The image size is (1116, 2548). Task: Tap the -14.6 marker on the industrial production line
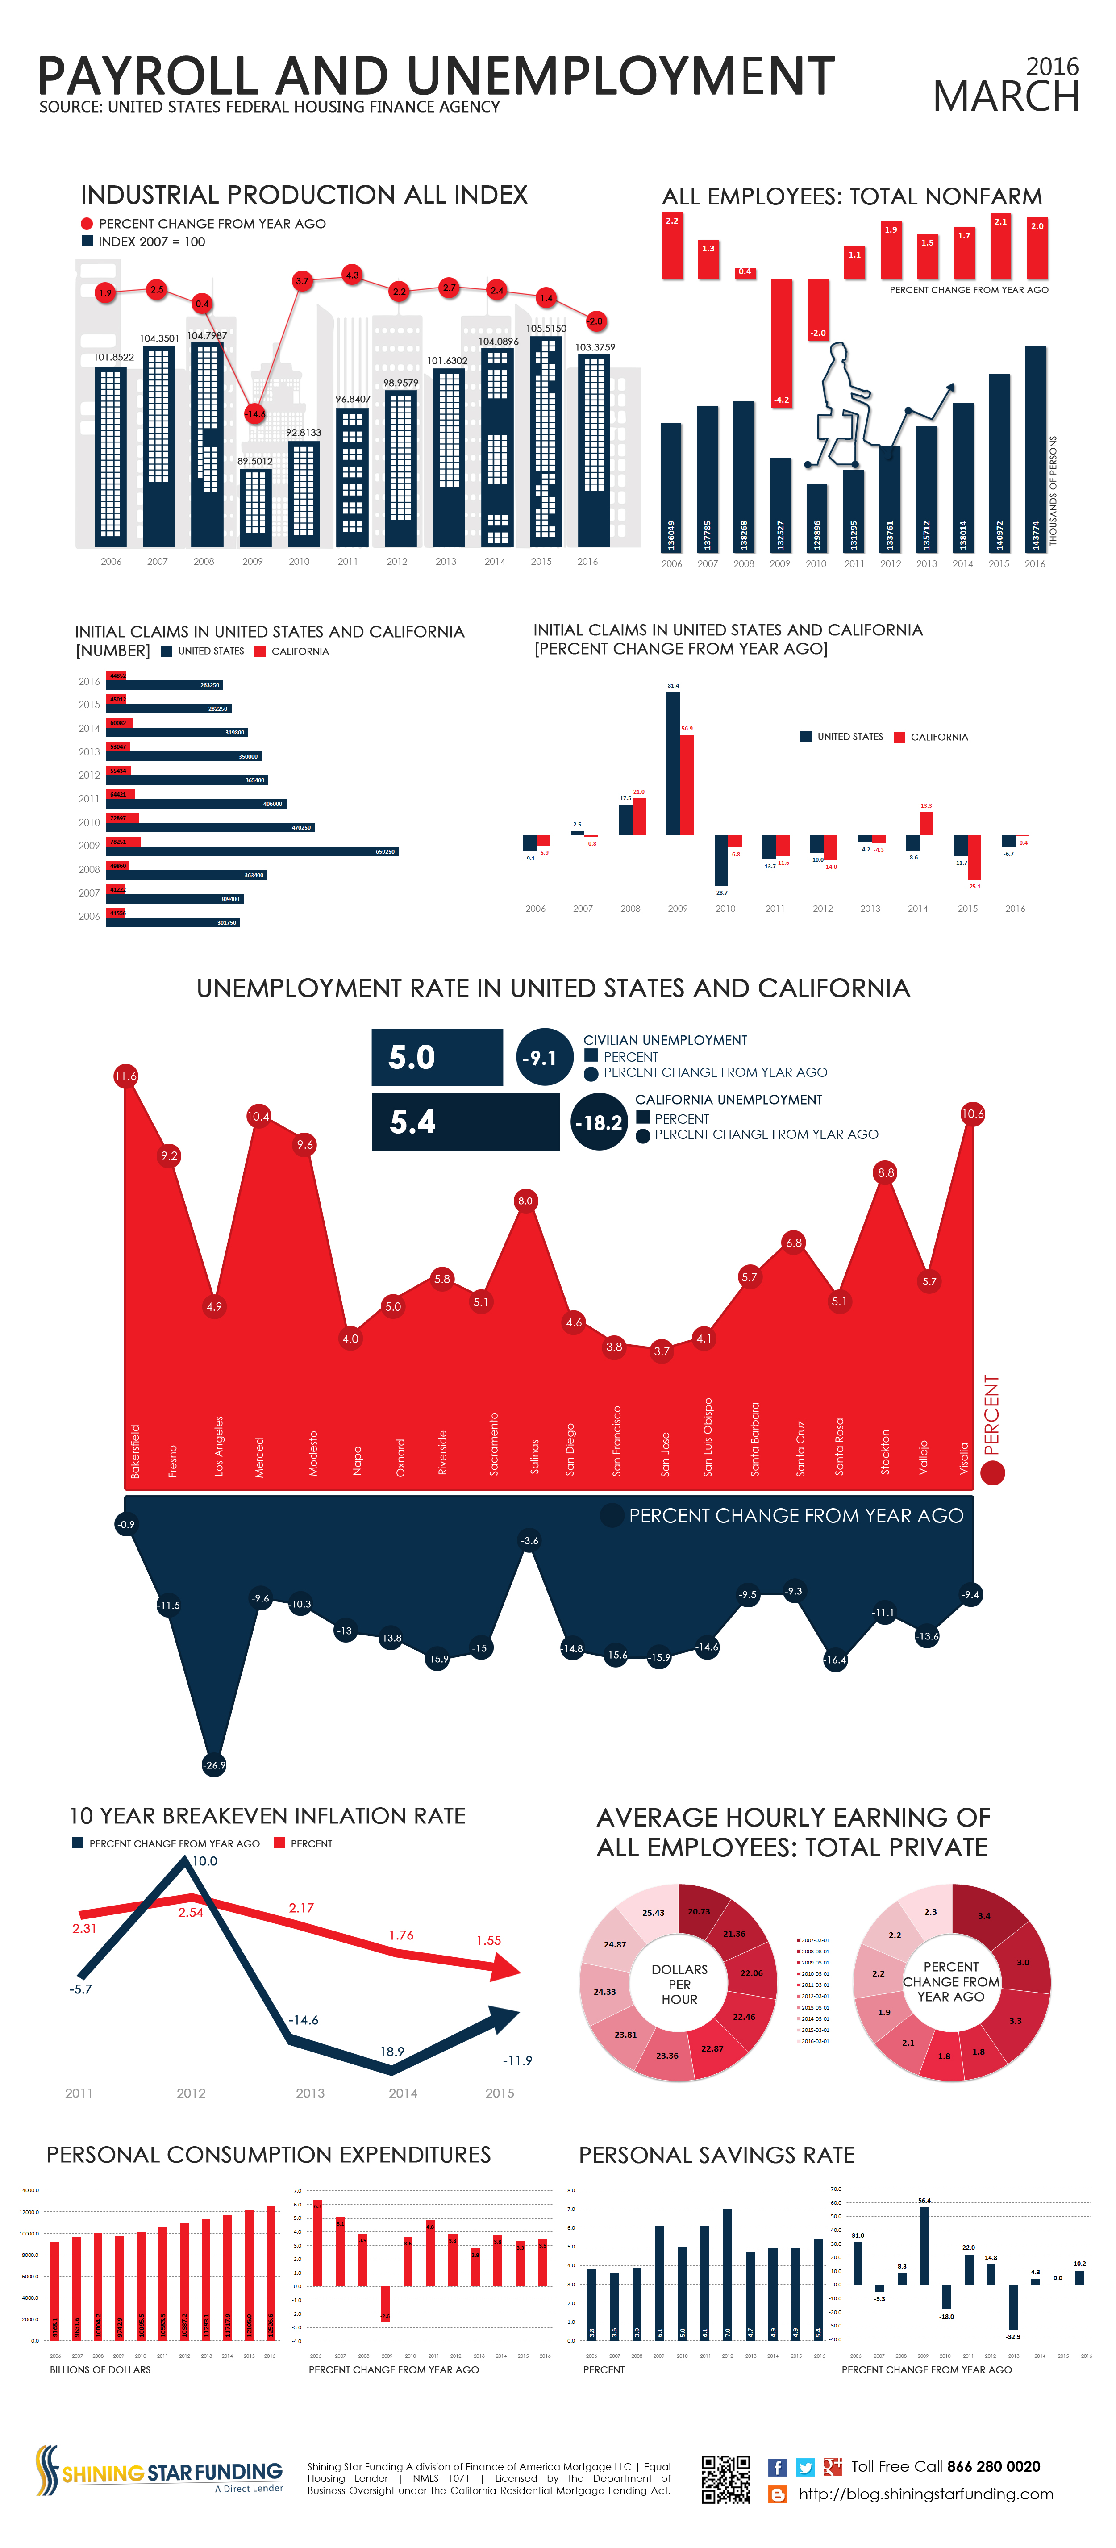click(x=255, y=413)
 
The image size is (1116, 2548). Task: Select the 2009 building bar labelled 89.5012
click(x=255, y=506)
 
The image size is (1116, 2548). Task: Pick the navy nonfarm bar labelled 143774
click(x=1035, y=447)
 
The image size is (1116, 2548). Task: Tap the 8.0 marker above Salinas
click(x=525, y=1201)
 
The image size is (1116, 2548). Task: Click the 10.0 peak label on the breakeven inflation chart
click(x=204, y=1860)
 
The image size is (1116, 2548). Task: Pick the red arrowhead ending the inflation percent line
click(x=507, y=1969)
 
